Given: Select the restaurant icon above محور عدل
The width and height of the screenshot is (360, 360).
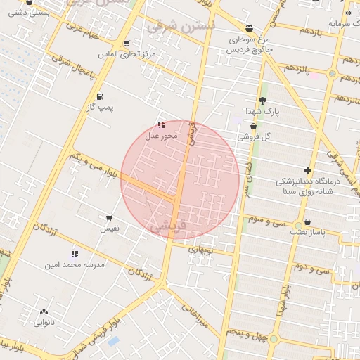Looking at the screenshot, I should click(x=161, y=124).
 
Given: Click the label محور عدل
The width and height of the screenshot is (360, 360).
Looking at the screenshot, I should click(x=162, y=136).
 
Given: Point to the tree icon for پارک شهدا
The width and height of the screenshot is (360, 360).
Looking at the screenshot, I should click(x=263, y=101).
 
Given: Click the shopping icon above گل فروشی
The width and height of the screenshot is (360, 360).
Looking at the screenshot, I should click(x=253, y=126).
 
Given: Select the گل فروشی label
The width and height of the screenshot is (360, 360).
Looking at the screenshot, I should click(x=254, y=136).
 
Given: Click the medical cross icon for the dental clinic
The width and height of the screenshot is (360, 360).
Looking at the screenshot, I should click(x=307, y=170).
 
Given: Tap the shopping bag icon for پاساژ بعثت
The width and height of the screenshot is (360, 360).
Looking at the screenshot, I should click(x=307, y=221).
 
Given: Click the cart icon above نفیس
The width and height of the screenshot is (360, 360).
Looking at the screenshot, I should click(x=109, y=218).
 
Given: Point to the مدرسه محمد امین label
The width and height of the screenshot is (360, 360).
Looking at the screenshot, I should click(x=75, y=265).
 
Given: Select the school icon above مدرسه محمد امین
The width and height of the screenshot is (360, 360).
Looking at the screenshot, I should click(x=75, y=254).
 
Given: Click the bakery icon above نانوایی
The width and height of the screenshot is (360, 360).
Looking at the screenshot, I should click(x=44, y=311).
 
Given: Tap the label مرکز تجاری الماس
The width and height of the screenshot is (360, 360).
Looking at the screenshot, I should click(x=127, y=54).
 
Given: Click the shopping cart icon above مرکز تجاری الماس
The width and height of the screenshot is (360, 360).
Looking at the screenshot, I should click(x=127, y=43).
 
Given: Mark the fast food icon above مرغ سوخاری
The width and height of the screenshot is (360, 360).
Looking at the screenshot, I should click(x=250, y=28).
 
